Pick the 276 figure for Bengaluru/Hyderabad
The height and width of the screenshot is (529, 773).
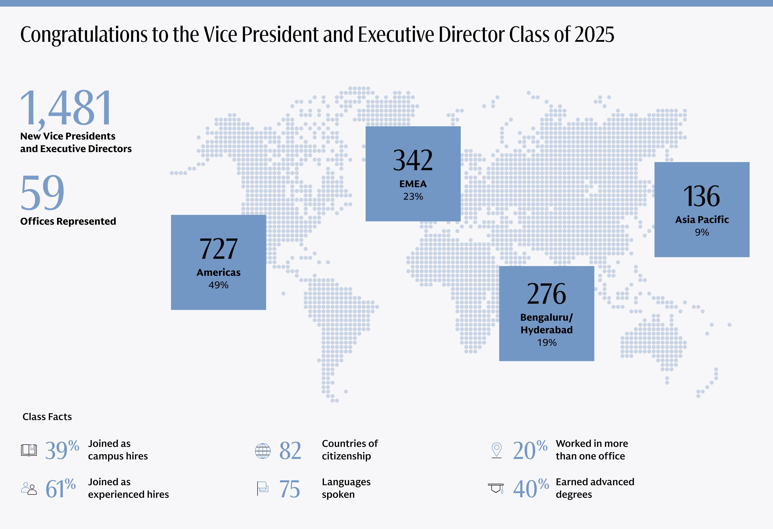click(547, 294)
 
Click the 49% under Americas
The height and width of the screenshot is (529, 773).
click(218, 285)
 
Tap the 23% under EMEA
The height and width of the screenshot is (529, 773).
click(413, 197)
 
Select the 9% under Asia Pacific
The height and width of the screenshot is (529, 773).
click(702, 232)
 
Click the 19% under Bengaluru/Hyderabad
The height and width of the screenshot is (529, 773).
click(547, 343)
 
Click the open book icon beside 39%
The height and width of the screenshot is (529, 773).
click(29, 450)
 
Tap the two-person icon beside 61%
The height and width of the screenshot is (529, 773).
click(29, 488)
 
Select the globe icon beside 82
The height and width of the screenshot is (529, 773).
click(263, 451)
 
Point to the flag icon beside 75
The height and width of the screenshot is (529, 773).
click(262, 488)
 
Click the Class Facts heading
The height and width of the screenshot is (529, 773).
click(47, 417)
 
